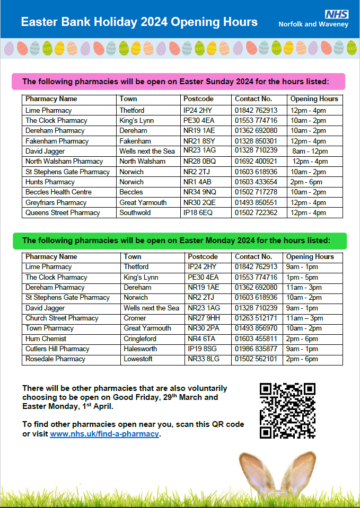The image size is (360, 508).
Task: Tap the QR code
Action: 287,411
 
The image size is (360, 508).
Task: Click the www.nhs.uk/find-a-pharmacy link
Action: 104,434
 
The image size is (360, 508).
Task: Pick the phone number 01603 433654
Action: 256,182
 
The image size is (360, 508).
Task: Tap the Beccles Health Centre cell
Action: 58,192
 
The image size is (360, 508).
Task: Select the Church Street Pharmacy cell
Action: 62,318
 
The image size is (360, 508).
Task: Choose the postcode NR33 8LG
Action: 204,359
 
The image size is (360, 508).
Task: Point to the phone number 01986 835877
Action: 256,349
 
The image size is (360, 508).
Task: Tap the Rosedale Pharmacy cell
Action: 55,359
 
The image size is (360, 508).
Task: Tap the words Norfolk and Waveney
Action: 313,24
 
